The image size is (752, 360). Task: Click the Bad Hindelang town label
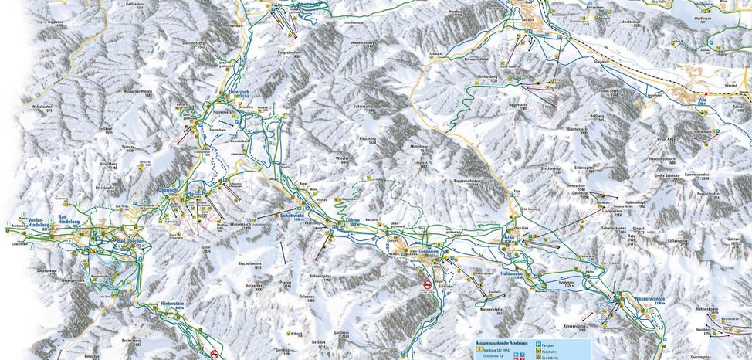pyautogui.click(x=69, y=220)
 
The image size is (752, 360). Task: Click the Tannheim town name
pyautogui.click(x=429, y=251)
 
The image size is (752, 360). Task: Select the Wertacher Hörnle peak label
pyautogui.click(x=137, y=93)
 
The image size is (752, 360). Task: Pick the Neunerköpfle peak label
pyautogui.click(x=491, y=311)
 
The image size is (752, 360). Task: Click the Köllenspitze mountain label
pyautogui.click(x=677, y=241)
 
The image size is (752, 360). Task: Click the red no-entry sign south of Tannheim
pyautogui.click(x=428, y=286)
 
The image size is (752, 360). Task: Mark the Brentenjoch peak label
pyautogui.click(x=574, y=130)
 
